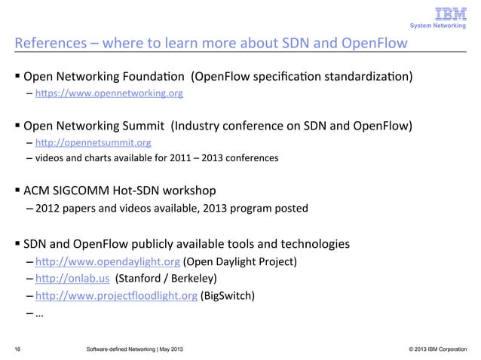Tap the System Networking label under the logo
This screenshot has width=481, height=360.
440,27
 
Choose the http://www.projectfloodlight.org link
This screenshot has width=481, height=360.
117,295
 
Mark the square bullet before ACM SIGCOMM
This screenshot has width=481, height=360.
16,191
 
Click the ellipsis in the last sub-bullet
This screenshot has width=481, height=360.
38,313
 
